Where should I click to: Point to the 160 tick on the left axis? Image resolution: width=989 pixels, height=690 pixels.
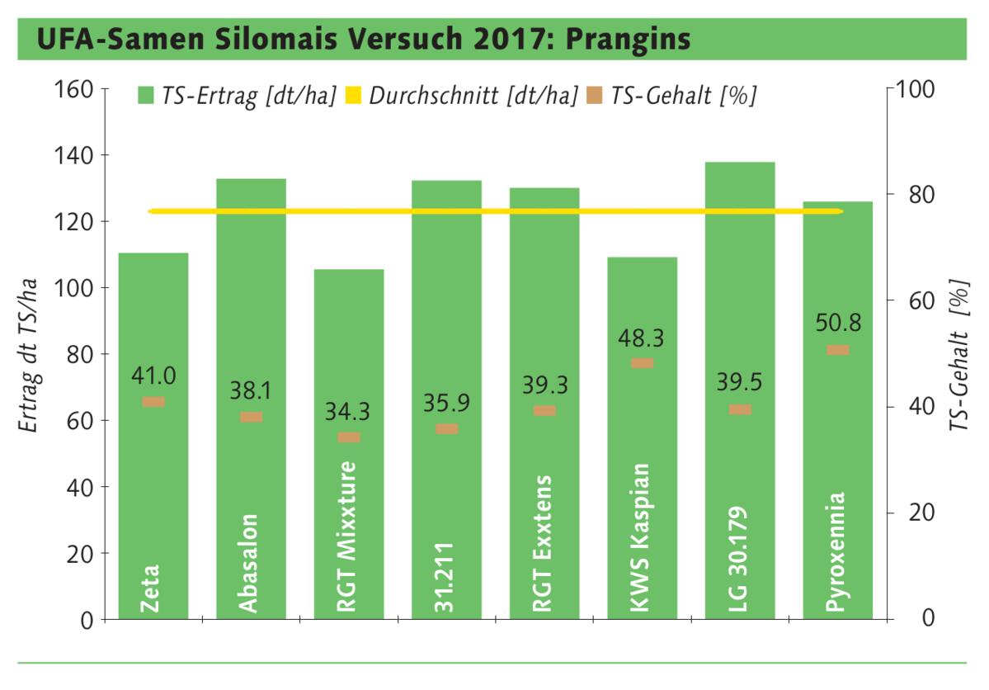[x=75, y=88]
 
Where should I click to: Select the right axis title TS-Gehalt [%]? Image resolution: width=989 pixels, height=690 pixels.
[x=959, y=354]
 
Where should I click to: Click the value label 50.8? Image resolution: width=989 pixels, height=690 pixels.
[x=838, y=323]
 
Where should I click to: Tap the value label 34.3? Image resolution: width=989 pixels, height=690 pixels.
[x=349, y=410]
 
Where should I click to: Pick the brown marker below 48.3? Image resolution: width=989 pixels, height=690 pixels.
[x=643, y=363]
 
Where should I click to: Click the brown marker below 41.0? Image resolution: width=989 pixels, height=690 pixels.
[x=153, y=402]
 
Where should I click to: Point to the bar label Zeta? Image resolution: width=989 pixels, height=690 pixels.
[x=150, y=588]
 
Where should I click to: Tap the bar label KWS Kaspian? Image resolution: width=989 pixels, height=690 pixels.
[x=642, y=537]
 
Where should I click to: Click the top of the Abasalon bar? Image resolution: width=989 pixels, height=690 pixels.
[x=251, y=180]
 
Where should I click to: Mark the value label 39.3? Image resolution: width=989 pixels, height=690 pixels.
[x=544, y=385]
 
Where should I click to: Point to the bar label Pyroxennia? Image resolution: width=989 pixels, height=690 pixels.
[x=836, y=552]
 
